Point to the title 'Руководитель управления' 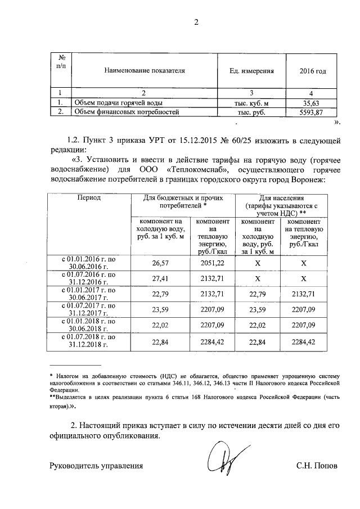click(96, 466)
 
